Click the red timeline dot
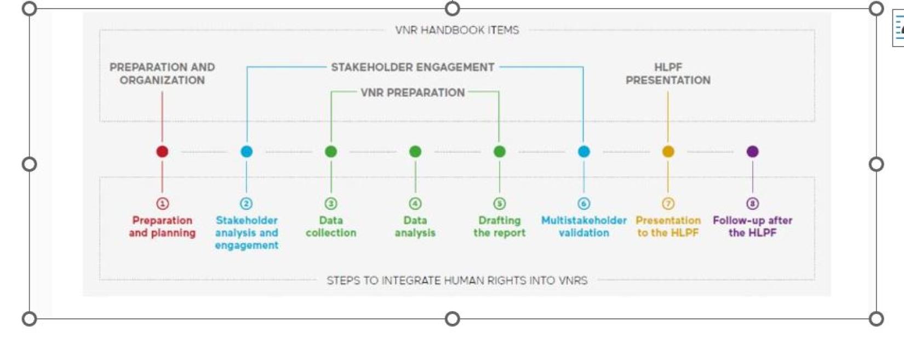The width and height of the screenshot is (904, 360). click(x=162, y=152)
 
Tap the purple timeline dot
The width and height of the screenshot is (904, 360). click(x=753, y=152)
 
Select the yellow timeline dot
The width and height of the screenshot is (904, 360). click(x=668, y=152)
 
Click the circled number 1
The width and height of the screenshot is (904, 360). click(x=163, y=203)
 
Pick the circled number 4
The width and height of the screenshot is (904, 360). click(x=415, y=203)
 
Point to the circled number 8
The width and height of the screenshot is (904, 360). click(x=753, y=203)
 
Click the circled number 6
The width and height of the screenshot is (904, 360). click(x=584, y=203)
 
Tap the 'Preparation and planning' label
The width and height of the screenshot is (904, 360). click(x=162, y=227)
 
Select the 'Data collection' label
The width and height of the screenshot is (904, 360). click(x=331, y=227)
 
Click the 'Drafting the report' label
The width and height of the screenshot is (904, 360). click(x=500, y=227)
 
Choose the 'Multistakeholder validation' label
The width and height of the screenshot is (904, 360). click(x=584, y=227)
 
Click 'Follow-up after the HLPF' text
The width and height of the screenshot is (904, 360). click(x=753, y=227)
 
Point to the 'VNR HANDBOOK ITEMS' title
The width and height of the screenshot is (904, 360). click(x=457, y=30)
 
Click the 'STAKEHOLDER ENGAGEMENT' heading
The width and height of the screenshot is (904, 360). click(x=413, y=67)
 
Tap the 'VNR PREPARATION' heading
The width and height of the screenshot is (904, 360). click(x=413, y=93)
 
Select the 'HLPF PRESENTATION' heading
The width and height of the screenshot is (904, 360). click(x=668, y=74)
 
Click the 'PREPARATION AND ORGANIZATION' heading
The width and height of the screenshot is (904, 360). click(x=162, y=74)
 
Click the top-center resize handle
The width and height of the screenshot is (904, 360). click(x=453, y=8)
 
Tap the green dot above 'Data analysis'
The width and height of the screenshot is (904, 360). click(x=415, y=152)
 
